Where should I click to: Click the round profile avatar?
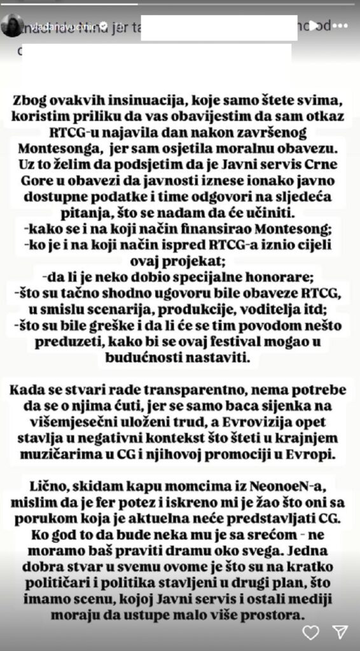pos(13,26)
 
